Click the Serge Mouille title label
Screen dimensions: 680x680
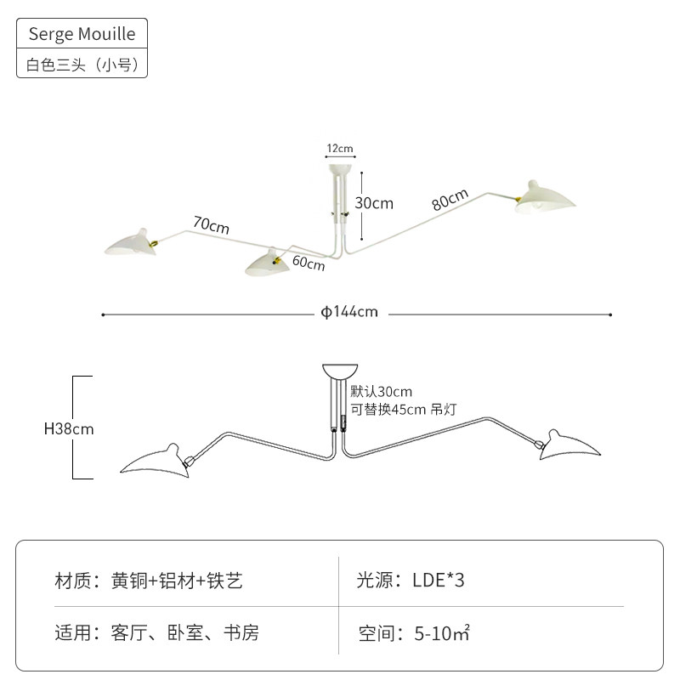(82, 35)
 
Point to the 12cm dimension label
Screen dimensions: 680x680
(340, 149)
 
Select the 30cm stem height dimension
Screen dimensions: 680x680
(375, 203)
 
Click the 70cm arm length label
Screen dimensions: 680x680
(211, 226)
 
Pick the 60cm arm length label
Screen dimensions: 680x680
(309, 262)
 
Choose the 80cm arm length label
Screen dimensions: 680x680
(450, 201)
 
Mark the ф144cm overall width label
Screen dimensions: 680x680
(349, 312)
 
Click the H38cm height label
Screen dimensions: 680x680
(69, 429)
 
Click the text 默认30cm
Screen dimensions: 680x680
(381, 392)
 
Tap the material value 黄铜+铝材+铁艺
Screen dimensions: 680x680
(177, 581)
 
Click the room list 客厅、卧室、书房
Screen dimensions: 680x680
(184, 633)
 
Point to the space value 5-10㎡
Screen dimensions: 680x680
(443, 633)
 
